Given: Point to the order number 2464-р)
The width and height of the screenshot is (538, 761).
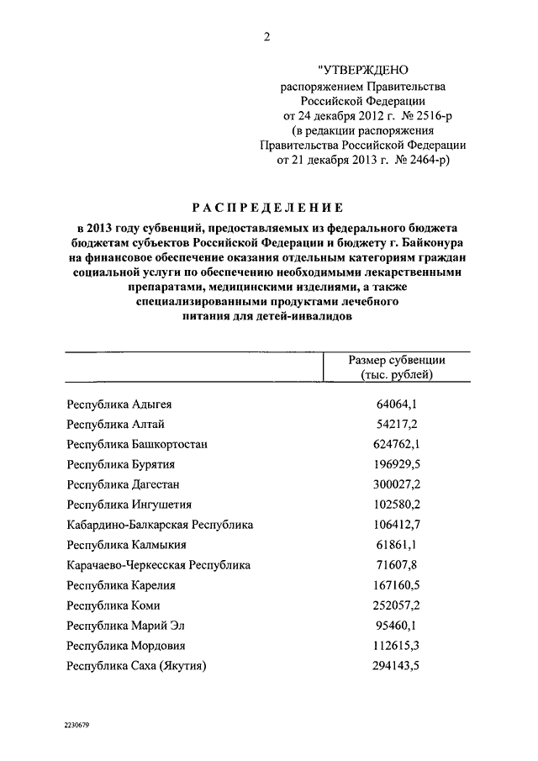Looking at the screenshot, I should [422, 161].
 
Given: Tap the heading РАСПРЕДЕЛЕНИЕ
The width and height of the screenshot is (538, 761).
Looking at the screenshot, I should [268, 207].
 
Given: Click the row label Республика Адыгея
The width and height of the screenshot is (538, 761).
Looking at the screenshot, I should [119, 404].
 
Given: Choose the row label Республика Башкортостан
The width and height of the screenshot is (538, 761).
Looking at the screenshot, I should [138, 444].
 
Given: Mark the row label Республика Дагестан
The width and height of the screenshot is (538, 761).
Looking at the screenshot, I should [124, 484].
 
